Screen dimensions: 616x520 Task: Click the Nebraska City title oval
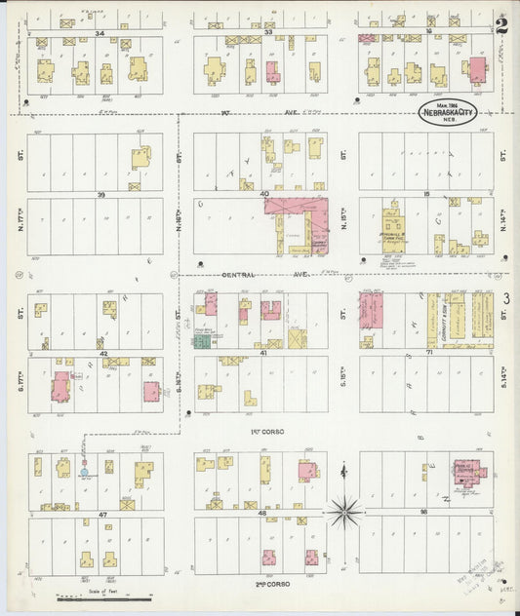[448, 112]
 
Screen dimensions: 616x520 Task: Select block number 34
[100, 33]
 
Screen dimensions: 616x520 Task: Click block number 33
[267, 33]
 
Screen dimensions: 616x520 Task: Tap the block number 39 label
[100, 195]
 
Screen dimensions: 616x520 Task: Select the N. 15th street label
[344, 220]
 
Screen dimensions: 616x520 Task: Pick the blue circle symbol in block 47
[84, 472]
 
